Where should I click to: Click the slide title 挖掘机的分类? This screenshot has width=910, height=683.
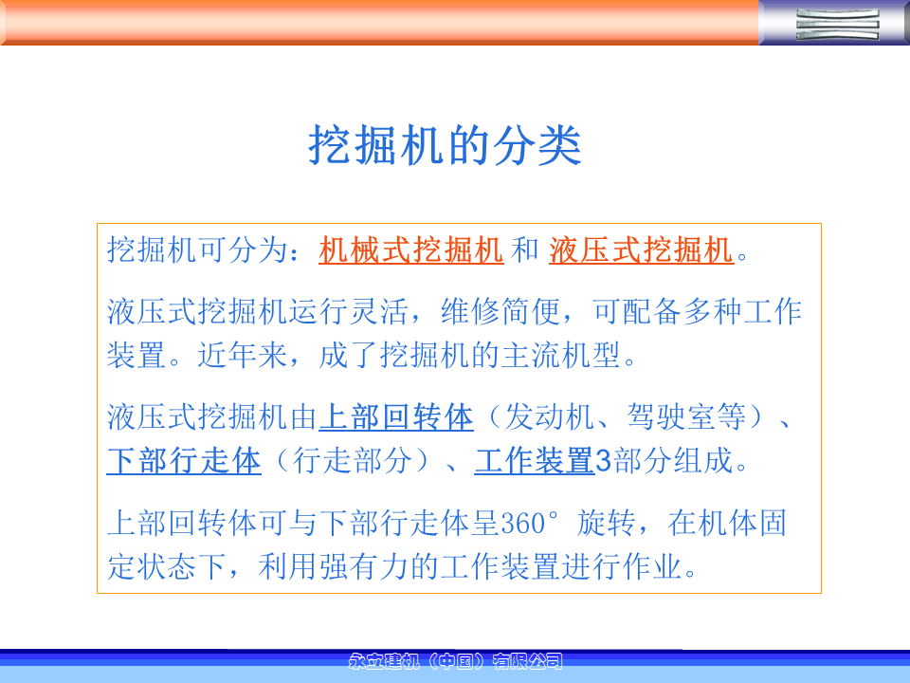445,145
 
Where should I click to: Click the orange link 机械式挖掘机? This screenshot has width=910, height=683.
410,250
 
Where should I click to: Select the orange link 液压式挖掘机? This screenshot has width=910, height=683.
642,250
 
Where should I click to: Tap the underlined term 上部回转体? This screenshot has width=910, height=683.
396,417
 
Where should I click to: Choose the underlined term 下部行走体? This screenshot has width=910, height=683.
184,461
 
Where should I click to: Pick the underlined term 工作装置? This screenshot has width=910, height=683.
535,461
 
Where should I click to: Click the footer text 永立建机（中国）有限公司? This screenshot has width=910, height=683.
456,661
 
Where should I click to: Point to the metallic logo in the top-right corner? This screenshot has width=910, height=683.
837,24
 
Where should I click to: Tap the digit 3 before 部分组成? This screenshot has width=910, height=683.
604,461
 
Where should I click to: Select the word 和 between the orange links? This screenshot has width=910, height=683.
526,250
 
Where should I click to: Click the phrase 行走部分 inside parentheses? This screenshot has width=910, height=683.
353,461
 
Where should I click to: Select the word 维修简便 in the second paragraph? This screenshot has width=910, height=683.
500,311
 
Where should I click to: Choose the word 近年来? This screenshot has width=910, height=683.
243,355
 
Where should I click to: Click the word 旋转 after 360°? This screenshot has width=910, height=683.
606,523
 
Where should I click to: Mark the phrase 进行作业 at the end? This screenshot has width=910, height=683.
622,566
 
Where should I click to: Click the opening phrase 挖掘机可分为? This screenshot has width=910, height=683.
198,250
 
